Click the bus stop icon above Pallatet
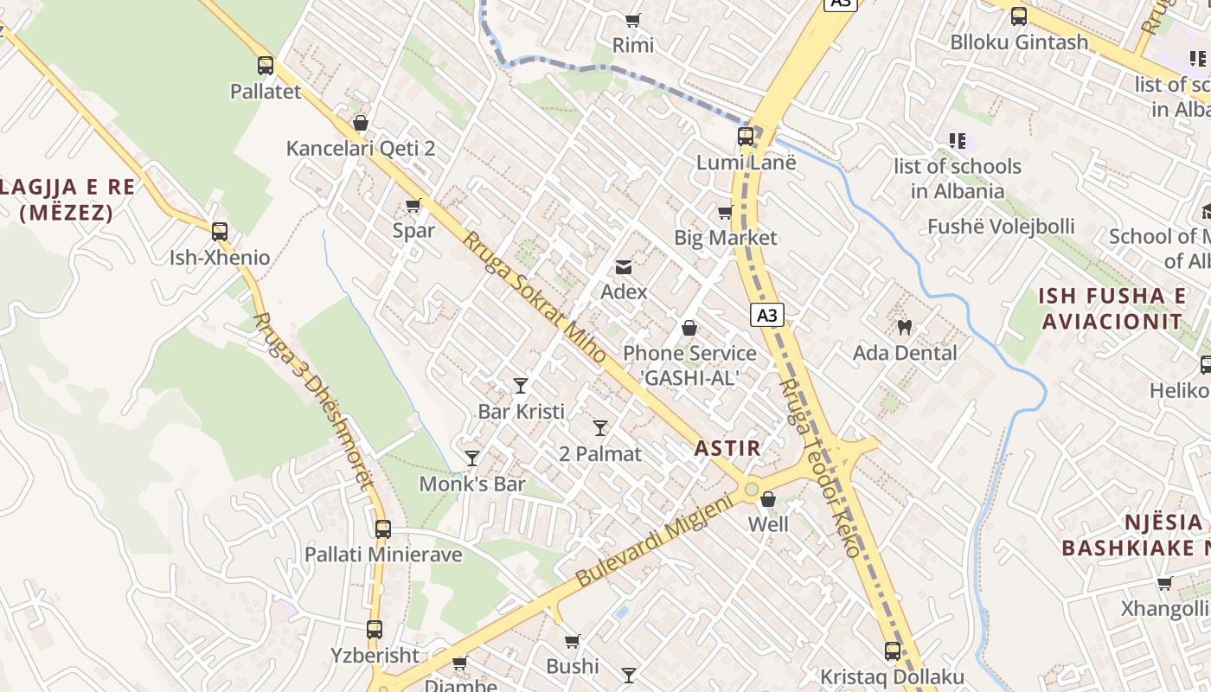(x=266, y=65)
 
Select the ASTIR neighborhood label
(x=727, y=448)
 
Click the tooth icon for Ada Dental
(x=905, y=327)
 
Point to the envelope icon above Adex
(x=624, y=266)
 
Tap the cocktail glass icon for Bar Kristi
(x=521, y=386)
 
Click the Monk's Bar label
(x=472, y=484)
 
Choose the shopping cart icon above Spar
(x=413, y=206)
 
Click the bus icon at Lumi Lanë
(x=746, y=136)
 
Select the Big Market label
(x=726, y=238)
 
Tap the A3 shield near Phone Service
(x=767, y=315)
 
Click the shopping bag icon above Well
(x=767, y=499)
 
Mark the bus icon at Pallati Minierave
(x=383, y=529)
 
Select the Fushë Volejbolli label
(x=1001, y=227)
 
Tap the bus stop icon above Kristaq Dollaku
(x=893, y=651)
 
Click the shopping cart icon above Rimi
(x=633, y=20)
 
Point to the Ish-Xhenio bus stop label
(x=220, y=258)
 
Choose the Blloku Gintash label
(x=1019, y=42)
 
